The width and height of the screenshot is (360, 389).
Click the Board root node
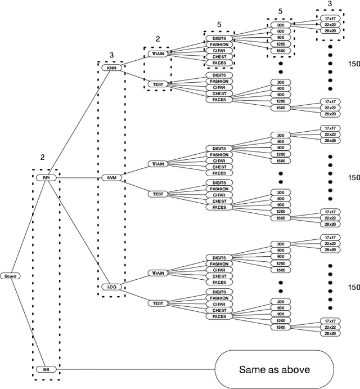[10, 276]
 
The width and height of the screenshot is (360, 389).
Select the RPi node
[46, 177]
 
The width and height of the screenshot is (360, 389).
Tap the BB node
[46, 369]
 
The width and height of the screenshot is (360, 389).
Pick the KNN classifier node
[111, 68]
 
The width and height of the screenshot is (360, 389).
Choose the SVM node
[111, 177]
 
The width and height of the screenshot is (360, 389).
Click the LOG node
[111, 287]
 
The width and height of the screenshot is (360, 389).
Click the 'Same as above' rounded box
[273, 369]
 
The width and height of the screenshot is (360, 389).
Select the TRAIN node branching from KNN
[158, 54]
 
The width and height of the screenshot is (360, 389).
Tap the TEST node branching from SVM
[158, 194]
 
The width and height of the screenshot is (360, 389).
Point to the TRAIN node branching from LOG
[158, 273]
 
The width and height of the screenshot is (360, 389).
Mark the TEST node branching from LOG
[158, 303]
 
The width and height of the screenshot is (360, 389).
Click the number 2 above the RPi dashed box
[42, 158]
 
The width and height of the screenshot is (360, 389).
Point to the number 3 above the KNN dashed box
[111, 55]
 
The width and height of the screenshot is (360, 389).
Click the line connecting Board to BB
[28, 324]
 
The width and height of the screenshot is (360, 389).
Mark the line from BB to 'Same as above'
[135, 369]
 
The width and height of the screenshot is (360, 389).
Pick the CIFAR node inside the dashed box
[219, 50]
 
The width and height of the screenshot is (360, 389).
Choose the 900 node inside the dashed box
[280, 38]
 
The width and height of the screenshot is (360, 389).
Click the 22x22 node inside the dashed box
[329, 25]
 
